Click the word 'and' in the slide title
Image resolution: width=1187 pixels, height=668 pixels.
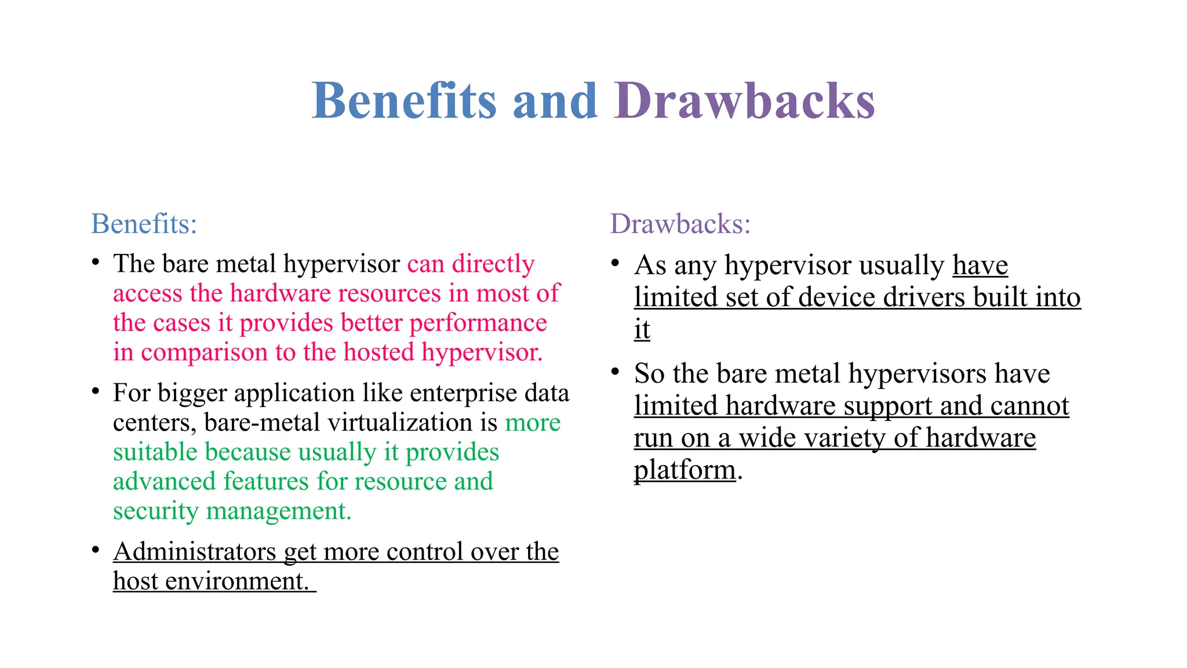[555, 101]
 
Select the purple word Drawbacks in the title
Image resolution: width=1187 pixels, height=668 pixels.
[744, 101]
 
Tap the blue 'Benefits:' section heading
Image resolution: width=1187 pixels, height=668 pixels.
[144, 224]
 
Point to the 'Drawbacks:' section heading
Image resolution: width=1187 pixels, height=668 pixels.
[680, 224]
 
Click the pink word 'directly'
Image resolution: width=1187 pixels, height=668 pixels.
[493, 264]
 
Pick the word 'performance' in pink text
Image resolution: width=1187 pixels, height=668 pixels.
[478, 323]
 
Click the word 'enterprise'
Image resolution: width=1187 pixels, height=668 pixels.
[464, 393]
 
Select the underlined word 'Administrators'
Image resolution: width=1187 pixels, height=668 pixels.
[195, 551]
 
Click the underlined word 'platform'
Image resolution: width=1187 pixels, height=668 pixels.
[684, 470]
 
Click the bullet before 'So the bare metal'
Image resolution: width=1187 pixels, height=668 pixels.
[616, 371]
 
